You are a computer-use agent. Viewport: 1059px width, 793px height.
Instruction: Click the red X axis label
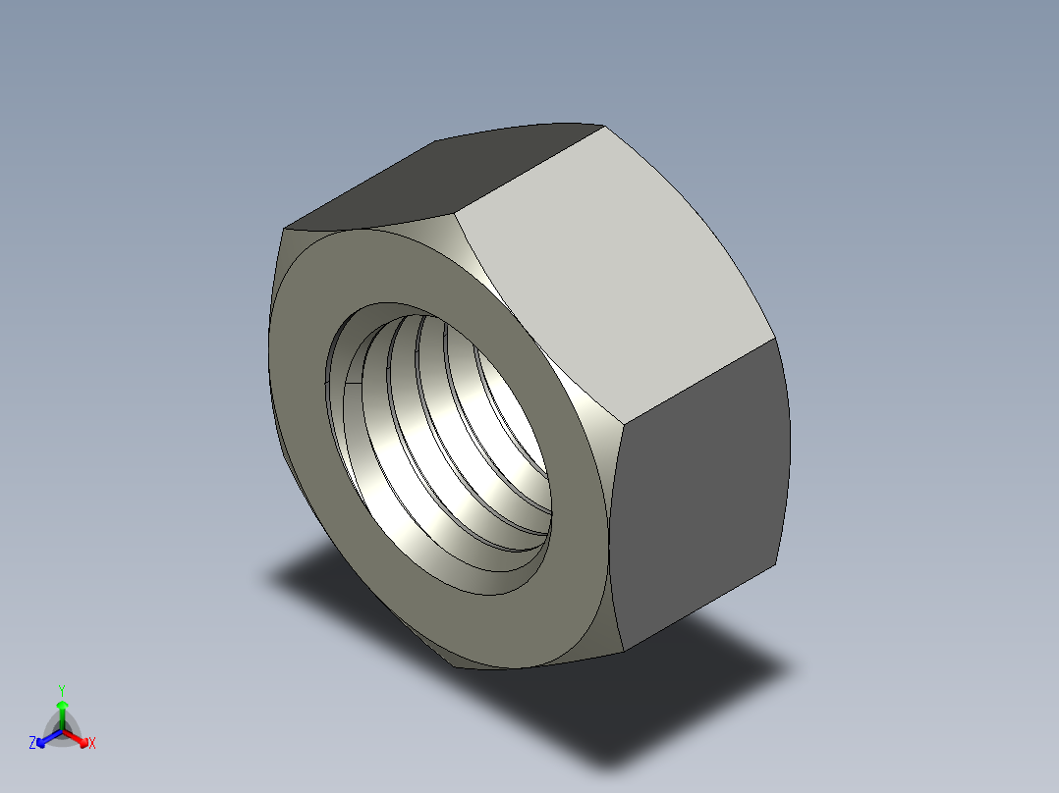click(x=92, y=744)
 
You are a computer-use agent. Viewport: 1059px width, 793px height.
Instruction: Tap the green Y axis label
click(x=61, y=690)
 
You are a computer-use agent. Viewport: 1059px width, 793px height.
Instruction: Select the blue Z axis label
click(x=32, y=743)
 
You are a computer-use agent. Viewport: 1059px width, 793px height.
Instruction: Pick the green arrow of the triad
click(x=62, y=712)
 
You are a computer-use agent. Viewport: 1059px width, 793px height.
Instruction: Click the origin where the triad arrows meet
click(x=62, y=730)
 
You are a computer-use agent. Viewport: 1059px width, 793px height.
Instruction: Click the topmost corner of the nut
click(x=601, y=125)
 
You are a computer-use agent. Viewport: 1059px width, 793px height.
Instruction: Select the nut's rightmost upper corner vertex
click(x=776, y=340)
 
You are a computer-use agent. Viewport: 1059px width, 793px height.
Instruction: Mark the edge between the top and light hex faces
click(x=530, y=167)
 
